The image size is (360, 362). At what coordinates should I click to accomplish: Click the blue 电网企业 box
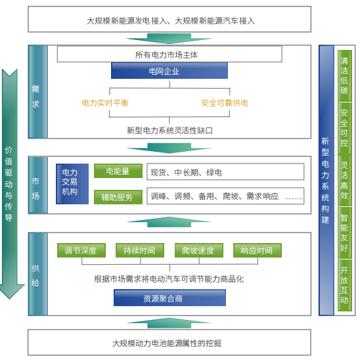tap(169, 71)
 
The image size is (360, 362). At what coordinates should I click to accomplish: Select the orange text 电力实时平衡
tap(105, 103)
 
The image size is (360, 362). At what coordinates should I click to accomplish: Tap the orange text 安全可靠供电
tap(225, 103)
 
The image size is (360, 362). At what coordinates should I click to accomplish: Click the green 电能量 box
tap(118, 171)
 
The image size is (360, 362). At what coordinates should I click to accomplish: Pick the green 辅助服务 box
tap(118, 197)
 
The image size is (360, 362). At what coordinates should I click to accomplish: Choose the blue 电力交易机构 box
tap(72, 184)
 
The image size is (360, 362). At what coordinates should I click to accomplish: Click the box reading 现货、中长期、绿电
tap(225, 171)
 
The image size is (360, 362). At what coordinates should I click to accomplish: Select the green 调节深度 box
tap(81, 250)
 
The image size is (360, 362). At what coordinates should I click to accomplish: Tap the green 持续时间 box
tap(140, 250)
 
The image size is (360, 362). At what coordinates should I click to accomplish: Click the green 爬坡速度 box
tap(199, 250)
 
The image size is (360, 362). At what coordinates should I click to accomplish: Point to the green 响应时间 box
tap(258, 250)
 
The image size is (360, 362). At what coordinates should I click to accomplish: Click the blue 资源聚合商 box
tap(169, 298)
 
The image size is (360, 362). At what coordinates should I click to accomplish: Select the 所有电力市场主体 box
tap(169, 55)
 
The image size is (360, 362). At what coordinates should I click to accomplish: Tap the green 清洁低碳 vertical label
tap(344, 76)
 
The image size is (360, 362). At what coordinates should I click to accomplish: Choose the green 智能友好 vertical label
tap(344, 233)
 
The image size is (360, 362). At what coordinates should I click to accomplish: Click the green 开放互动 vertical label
tap(344, 285)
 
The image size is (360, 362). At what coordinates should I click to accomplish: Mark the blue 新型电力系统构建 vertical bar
tap(326, 180)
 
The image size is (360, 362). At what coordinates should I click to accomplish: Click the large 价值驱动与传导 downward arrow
tap(10, 184)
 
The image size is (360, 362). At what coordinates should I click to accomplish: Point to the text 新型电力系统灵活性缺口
tap(169, 131)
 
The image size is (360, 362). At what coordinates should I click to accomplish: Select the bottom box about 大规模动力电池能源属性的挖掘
tap(169, 342)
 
